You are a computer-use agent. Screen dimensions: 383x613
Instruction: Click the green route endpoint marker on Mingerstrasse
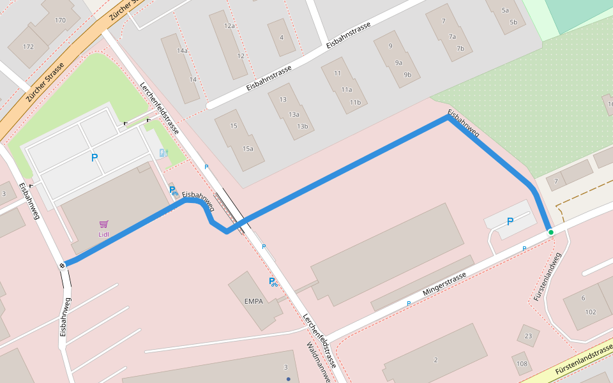click(x=550, y=232)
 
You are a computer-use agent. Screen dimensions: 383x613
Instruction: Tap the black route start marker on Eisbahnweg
click(x=63, y=265)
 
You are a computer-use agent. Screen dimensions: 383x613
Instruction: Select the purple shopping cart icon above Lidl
click(x=103, y=224)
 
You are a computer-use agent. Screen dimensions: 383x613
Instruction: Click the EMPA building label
click(x=254, y=301)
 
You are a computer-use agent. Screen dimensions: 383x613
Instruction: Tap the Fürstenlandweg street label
click(x=548, y=276)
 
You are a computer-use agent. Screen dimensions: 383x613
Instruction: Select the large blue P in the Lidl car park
click(x=95, y=158)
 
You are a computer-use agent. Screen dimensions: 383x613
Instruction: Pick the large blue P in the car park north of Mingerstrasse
click(x=510, y=222)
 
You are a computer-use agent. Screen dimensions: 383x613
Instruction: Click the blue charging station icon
click(x=163, y=153)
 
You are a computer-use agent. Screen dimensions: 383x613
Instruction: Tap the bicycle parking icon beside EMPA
click(x=273, y=282)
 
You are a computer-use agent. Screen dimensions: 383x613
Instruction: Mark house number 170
click(x=60, y=20)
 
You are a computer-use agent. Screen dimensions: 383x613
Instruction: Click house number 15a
click(x=248, y=149)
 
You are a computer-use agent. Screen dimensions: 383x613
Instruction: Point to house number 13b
click(x=302, y=126)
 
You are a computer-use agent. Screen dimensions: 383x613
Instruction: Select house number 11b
click(x=355, y=102)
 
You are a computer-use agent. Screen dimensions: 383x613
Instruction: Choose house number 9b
click(x=407, y=75)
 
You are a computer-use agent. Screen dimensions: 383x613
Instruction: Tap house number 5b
click(x=513, y=22)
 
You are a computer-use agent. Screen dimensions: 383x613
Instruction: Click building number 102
click(x=590, y=312)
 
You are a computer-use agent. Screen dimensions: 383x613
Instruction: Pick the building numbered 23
click(x=527, y=336)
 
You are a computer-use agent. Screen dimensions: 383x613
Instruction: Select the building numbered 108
click(x=522, y=364)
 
